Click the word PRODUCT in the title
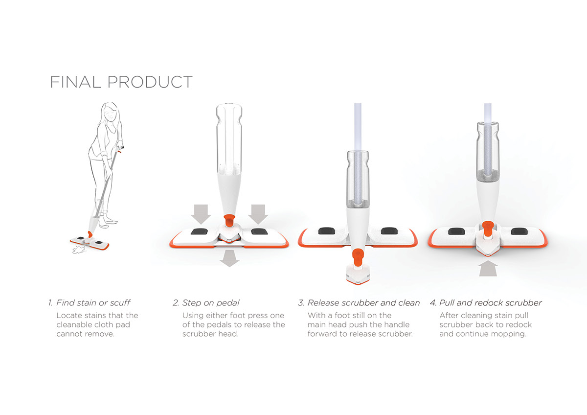(150, 82)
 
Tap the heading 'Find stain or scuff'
(93, 303)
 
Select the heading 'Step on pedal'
(211, 303)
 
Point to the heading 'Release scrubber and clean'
(363, 303)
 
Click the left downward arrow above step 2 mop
(201, 213)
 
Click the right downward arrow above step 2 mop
(257, 213)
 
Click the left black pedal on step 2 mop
(199, 232)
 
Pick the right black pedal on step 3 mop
(388, 230)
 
